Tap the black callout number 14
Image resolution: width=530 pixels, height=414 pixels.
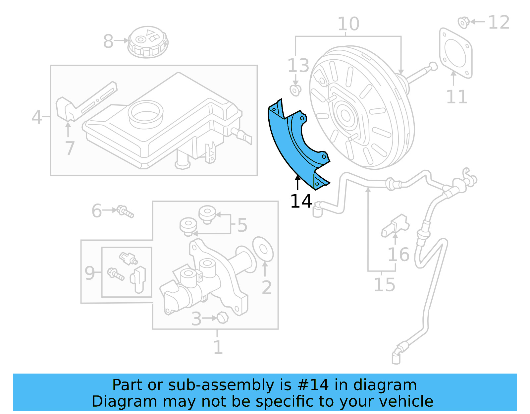pyautogui.click(x=301, y=201)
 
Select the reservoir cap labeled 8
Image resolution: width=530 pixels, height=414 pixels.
pyautogui.click(x=148, y=42)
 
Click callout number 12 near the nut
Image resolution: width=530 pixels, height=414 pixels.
pyautogui.click(x=499, y=22)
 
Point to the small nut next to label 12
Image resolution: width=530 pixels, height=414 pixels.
pyautogui.click(x=463, y=22)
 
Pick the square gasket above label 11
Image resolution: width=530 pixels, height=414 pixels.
pyautogui.click(x=455, y=53)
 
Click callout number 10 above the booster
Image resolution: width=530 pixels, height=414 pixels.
pyautogui.click(x=348, y=24)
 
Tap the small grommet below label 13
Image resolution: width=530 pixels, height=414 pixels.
pyautogui.click(x=295, y=90)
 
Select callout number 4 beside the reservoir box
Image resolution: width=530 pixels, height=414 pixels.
pyautogui.click(x=36, y=117)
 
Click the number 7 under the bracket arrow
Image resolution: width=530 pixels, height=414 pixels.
pyautogui.click(x=70, y=148)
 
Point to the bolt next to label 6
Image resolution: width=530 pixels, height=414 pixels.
pyautogui.click(x=126, y=211)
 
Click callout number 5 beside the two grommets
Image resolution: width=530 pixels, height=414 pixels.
pyautogui.click(x=242, y=225)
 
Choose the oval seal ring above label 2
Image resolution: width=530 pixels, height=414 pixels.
pyautogui.click(x=263, y=249)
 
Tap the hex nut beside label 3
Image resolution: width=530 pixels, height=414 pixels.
pyautogui.click(x=223, y=318)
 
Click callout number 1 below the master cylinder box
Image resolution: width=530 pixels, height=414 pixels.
pyautogui.click(x=218, y=347)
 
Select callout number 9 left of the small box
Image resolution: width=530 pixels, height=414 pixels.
pyautogui.click(x=89, y=273)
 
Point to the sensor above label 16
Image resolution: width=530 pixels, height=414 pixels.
pyautogui.click(x=396, y=225)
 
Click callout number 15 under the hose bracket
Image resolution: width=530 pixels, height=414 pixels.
pyautogui.click(x=384, y=284)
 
